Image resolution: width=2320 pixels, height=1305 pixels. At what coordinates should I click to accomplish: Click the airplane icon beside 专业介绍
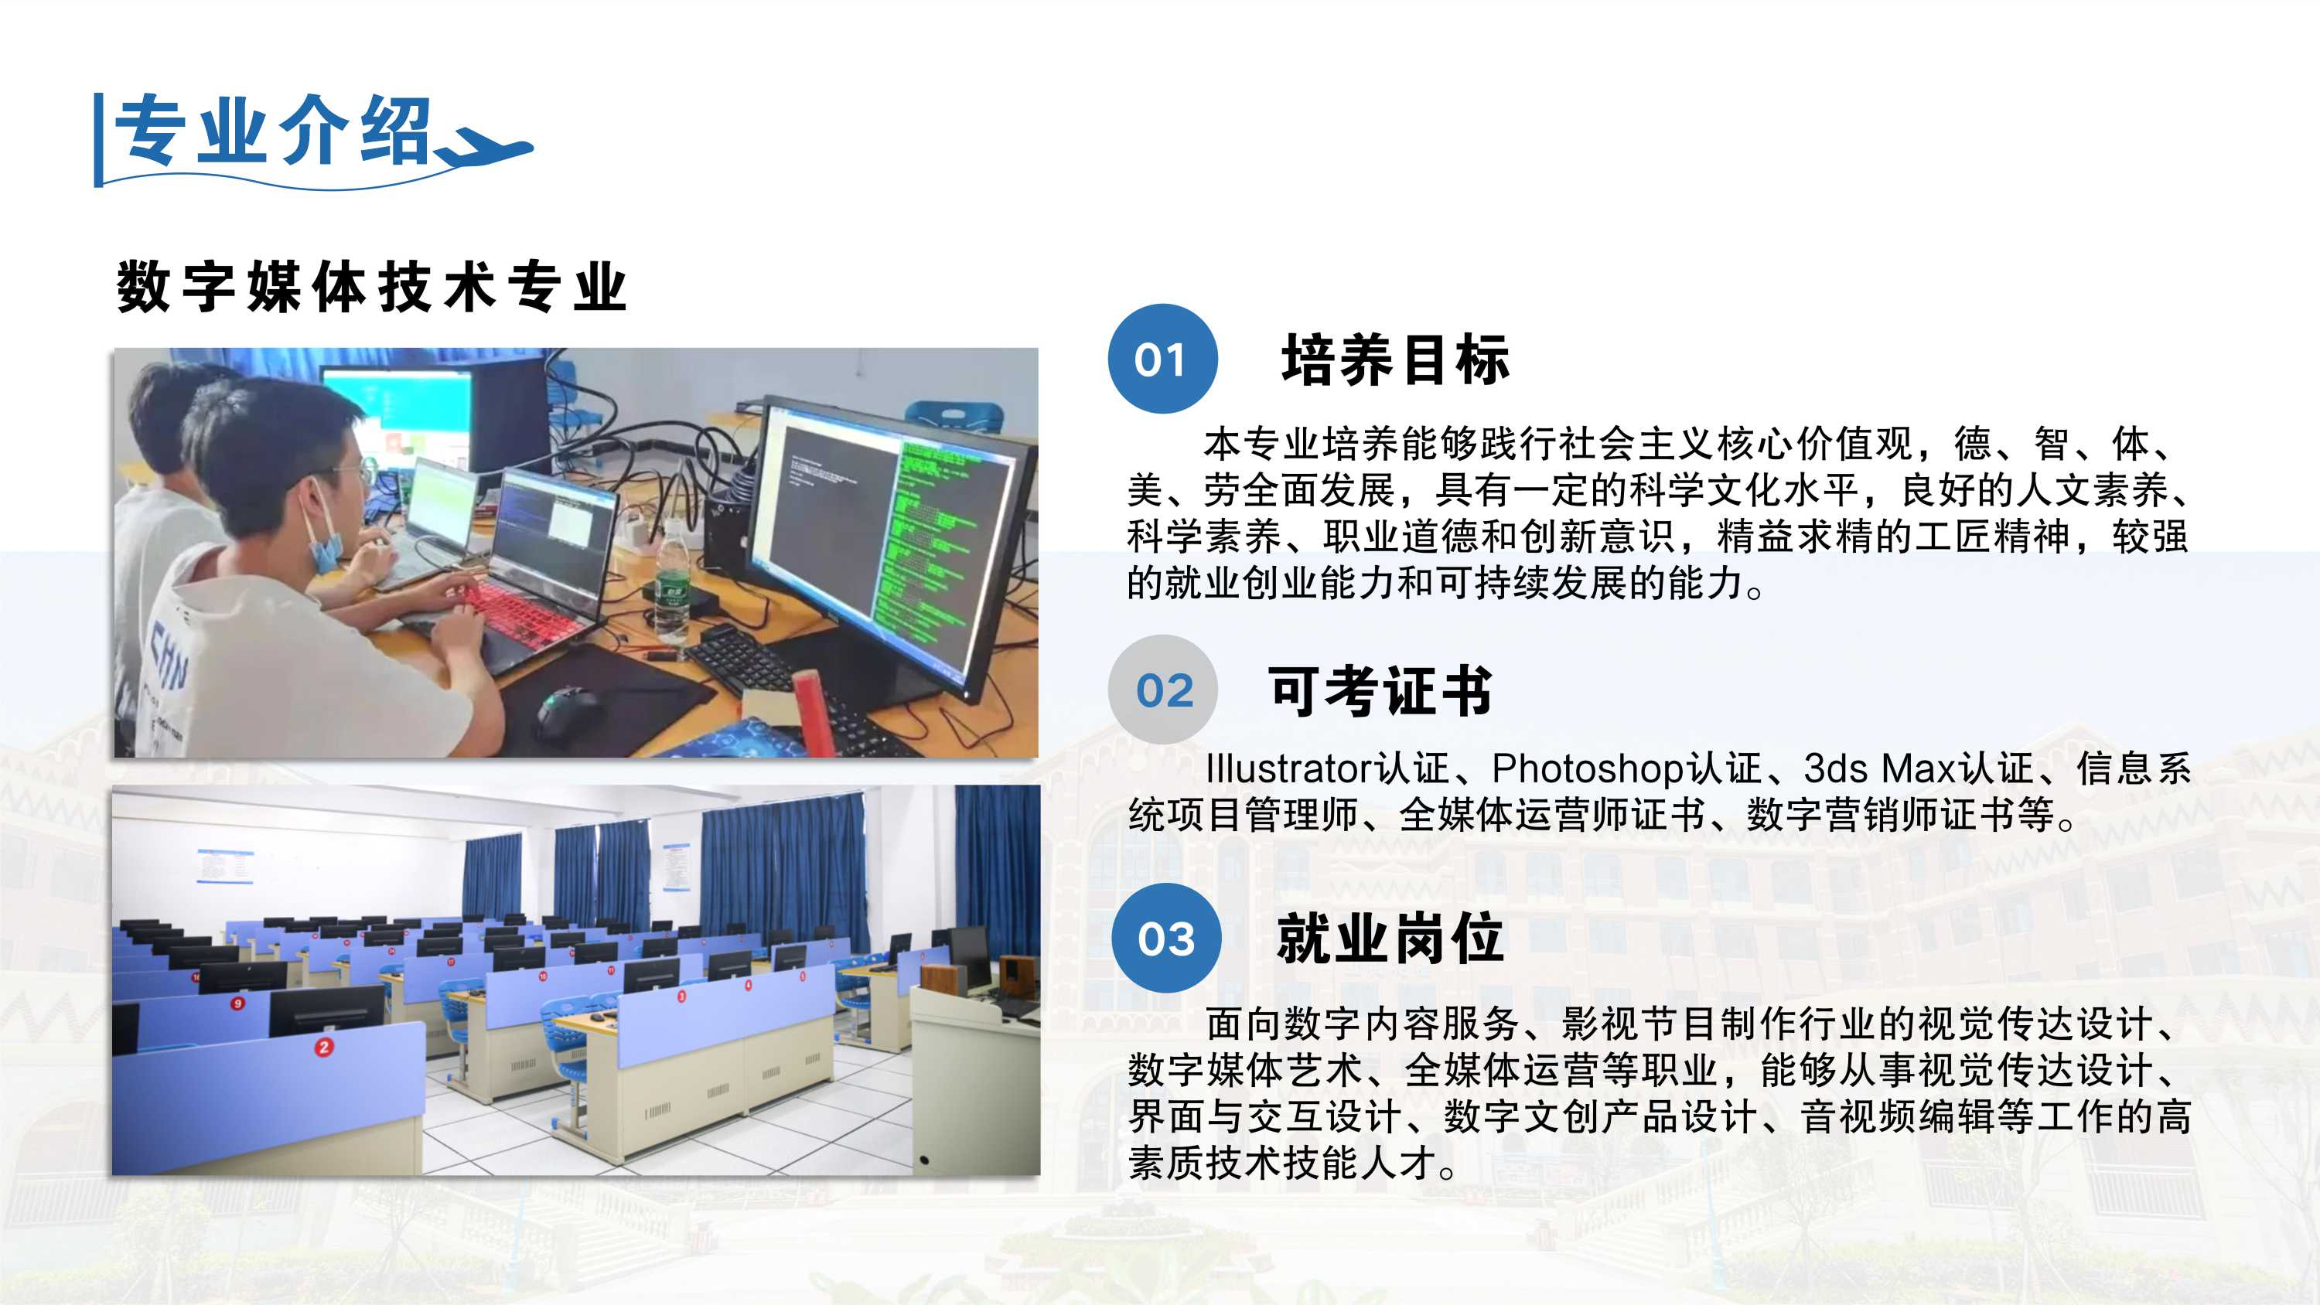tap(486, 148)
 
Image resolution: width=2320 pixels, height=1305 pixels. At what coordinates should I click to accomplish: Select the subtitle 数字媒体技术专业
tap(371, 288)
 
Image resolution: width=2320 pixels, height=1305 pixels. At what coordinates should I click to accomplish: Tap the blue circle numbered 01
tap(1162, 359)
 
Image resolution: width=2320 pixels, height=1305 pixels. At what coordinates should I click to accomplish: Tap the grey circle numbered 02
tap(1162, 690)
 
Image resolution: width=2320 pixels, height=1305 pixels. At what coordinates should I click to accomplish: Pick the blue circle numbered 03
tap(1166, 938)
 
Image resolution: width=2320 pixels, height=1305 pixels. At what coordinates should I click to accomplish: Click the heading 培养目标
tap(1396, 359)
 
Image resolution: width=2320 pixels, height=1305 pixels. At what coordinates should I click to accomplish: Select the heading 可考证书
tap(1380, 691)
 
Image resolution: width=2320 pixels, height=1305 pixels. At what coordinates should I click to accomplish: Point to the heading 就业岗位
tap(1390, 939)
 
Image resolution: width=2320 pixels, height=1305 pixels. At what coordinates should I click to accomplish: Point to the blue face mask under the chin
tap(323, 542)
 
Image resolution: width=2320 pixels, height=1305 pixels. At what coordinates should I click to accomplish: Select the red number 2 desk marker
tap(324, 1047)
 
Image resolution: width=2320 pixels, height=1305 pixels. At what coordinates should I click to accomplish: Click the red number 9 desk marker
tap(237, 1003)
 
